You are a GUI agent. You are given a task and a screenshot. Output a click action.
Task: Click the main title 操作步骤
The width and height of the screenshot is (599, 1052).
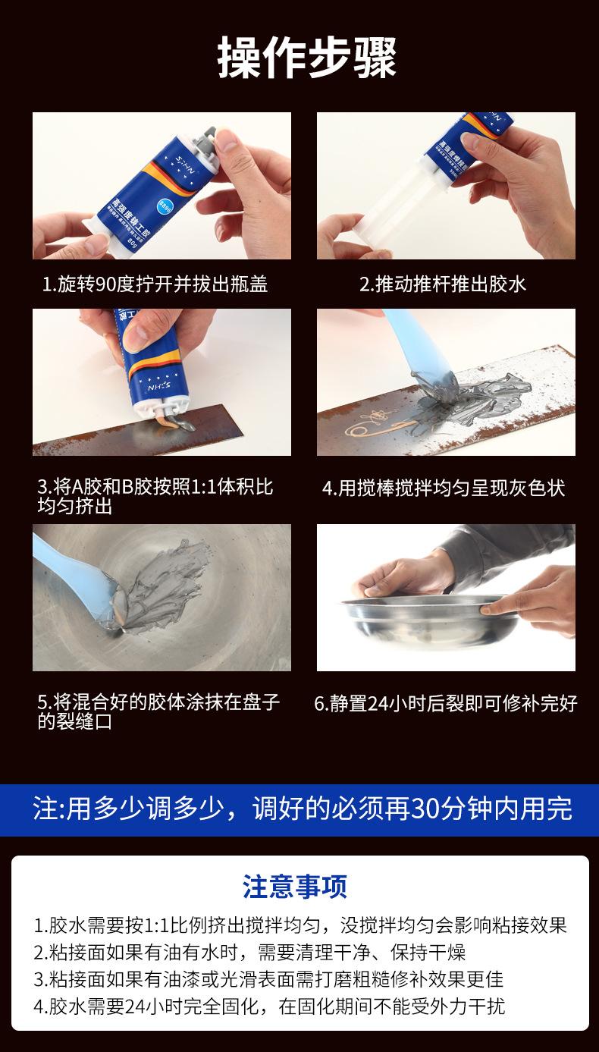tap(307, 58)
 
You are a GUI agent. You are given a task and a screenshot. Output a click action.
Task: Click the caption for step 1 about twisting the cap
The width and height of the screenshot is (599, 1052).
tap(155, 284)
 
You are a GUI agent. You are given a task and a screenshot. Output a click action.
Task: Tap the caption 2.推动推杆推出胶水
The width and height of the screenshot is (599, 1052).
tap(443, 284)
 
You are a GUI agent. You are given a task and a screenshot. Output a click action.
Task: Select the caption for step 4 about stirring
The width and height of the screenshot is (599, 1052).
tap(444, 488)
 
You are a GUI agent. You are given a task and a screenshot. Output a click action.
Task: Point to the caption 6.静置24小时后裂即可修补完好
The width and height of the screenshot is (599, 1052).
tap(446, 703)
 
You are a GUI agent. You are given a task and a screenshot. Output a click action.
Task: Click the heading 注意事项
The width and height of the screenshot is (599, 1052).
tap(295, 887)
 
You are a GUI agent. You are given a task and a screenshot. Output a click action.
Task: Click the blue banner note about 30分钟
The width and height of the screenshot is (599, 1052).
tap(303, 809)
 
